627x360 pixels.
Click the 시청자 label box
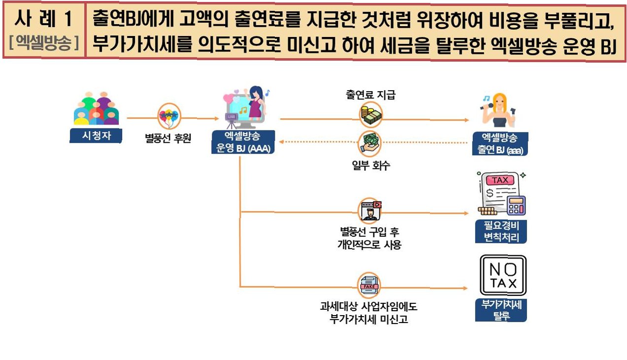[96, 136]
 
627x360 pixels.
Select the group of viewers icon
[97, 109]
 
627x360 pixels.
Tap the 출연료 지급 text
[370, 95]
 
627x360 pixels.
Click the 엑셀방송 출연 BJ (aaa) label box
[500, 144]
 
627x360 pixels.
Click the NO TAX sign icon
[503, 275]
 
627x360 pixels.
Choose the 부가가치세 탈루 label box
[501, 310]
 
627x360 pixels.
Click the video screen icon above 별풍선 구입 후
[370, 210]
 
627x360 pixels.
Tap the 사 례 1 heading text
[43, 20]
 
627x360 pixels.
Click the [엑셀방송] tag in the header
[44, 44]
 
